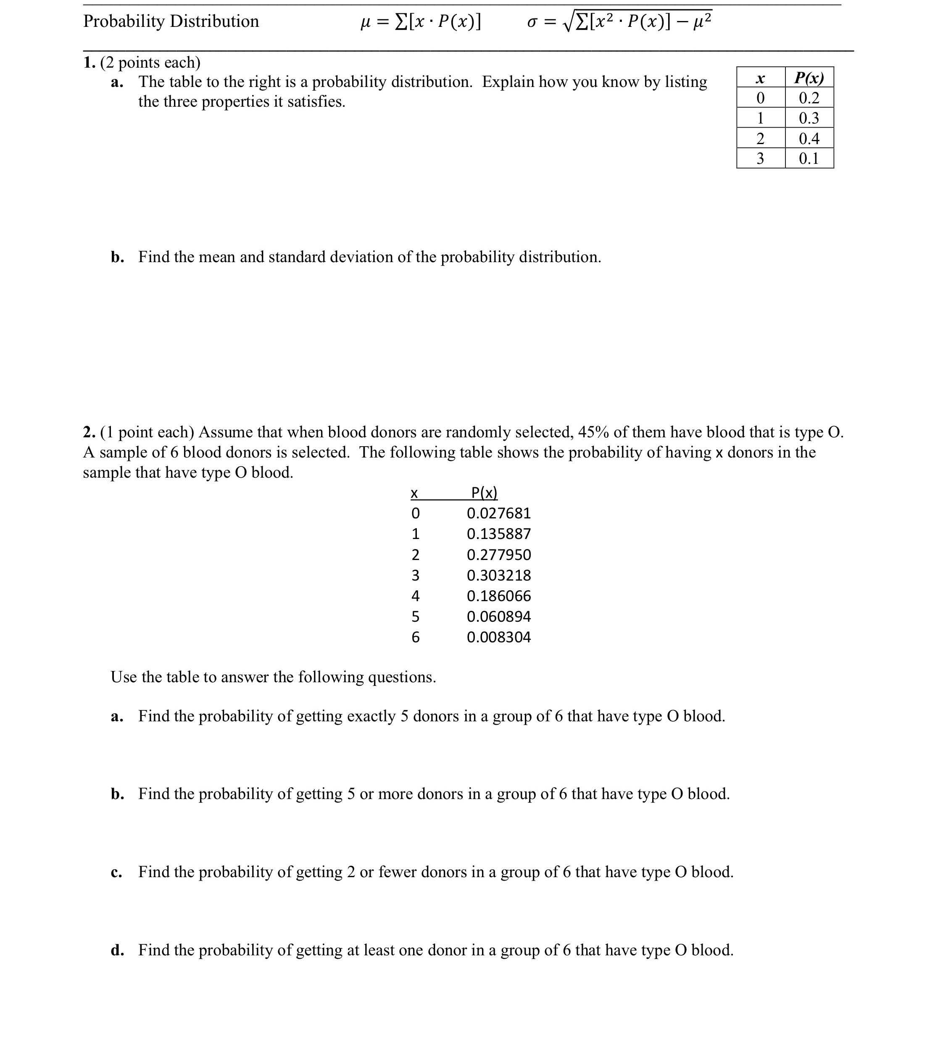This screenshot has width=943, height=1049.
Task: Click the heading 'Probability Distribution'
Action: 171,21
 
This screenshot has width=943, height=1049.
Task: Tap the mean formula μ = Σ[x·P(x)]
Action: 421,22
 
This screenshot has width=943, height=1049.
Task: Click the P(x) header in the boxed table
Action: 809,78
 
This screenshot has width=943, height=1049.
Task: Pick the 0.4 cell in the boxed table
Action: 809,138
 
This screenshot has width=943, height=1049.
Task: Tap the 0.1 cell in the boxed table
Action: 809,158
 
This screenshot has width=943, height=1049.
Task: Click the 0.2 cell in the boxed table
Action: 809,98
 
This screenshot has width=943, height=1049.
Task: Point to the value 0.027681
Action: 498,513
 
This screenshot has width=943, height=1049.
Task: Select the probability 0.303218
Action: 498,576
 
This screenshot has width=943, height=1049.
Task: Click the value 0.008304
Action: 498,637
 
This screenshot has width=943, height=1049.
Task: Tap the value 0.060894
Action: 498,616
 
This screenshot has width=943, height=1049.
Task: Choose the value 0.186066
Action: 498,596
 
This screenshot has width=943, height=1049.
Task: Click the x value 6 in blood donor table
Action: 416,637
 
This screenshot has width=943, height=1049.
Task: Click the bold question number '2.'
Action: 89,432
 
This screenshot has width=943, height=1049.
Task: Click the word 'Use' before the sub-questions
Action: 122,677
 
